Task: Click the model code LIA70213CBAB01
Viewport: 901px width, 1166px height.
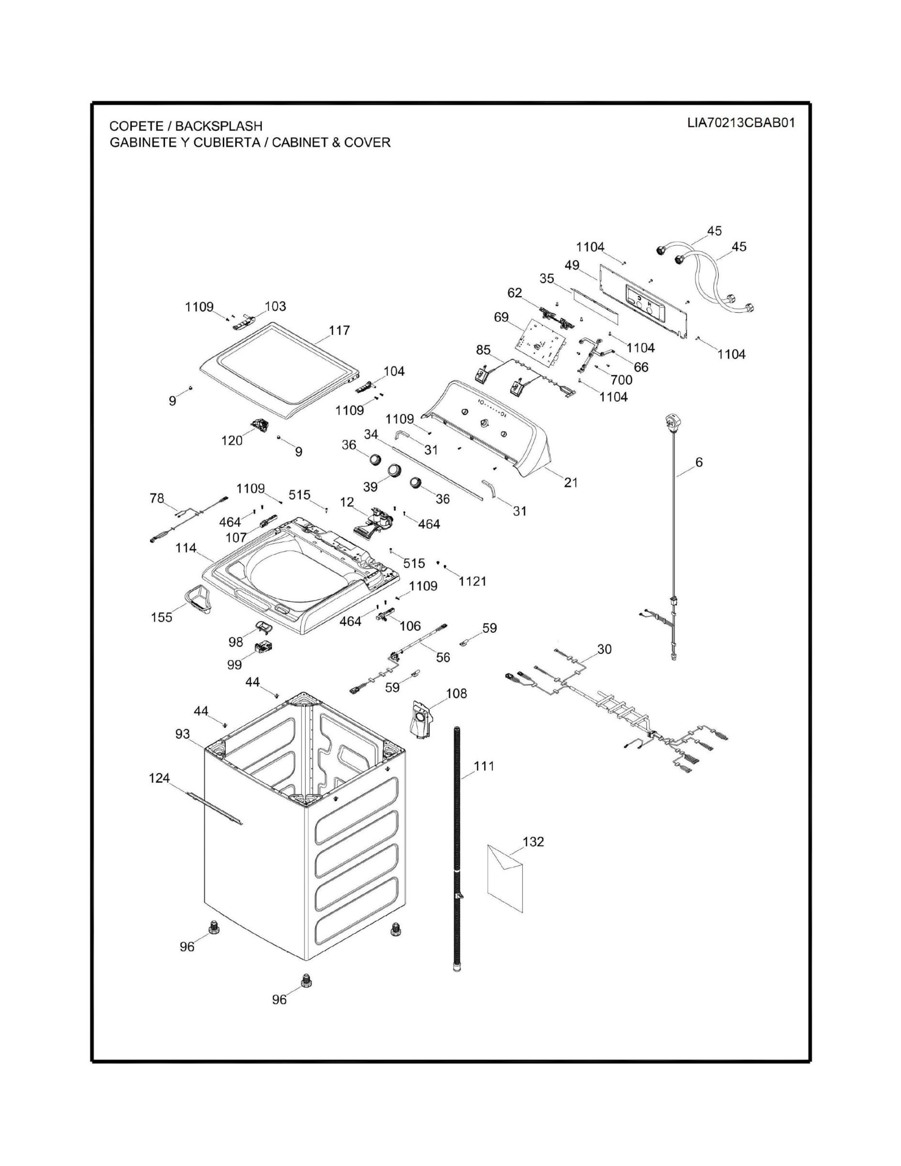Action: [x=741, y=123]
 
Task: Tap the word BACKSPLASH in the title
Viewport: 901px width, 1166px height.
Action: [x=218, y=126]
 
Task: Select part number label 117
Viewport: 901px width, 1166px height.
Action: [x=339, y=330]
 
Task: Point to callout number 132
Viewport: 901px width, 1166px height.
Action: [x=533, y=841]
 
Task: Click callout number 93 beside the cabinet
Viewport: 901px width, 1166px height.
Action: [x=183, y=734]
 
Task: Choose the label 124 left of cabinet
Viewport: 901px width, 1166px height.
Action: [x=159, y=778]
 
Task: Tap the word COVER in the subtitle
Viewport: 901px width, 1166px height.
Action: [x=368, y=142]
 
